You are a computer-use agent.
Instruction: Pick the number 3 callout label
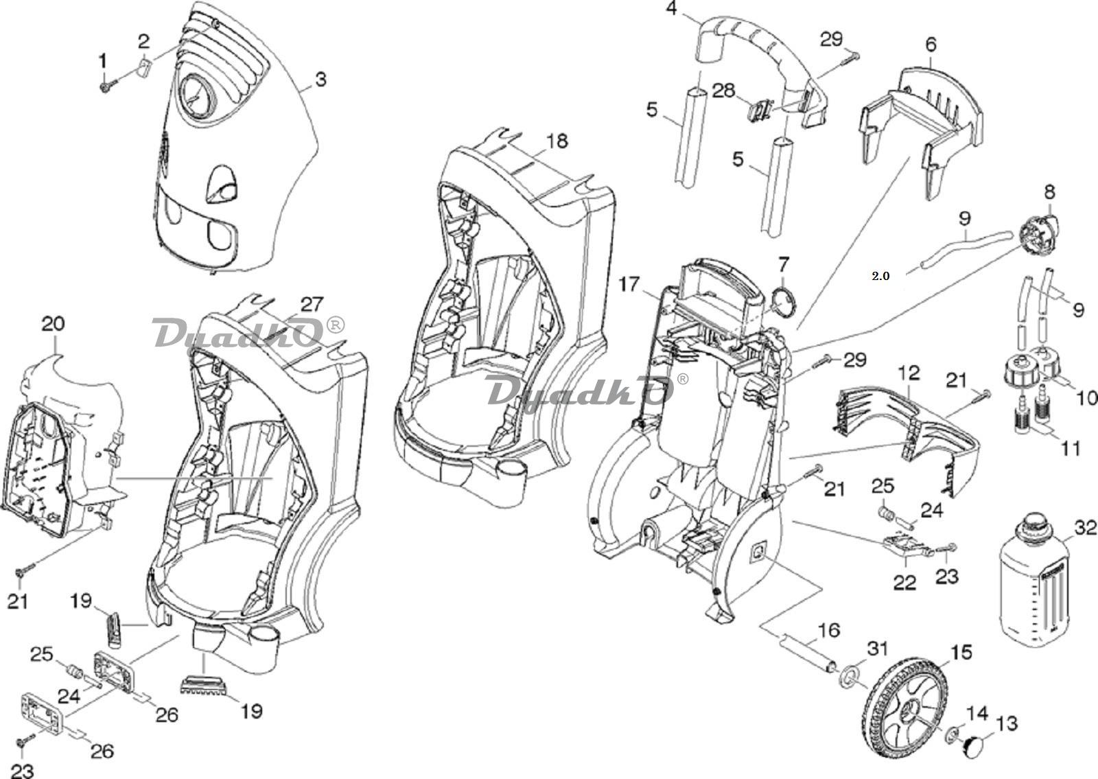(320, 80)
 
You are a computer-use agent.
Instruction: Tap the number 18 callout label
(557, 141)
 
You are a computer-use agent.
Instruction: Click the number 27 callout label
(311, 303)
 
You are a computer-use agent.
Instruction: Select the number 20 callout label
(53, 323)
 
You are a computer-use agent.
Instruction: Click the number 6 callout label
(931, 45)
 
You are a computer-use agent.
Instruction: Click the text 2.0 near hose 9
(880, 277)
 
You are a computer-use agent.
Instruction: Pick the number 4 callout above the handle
(671, 9)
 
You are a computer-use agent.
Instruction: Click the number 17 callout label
(630, 283)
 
